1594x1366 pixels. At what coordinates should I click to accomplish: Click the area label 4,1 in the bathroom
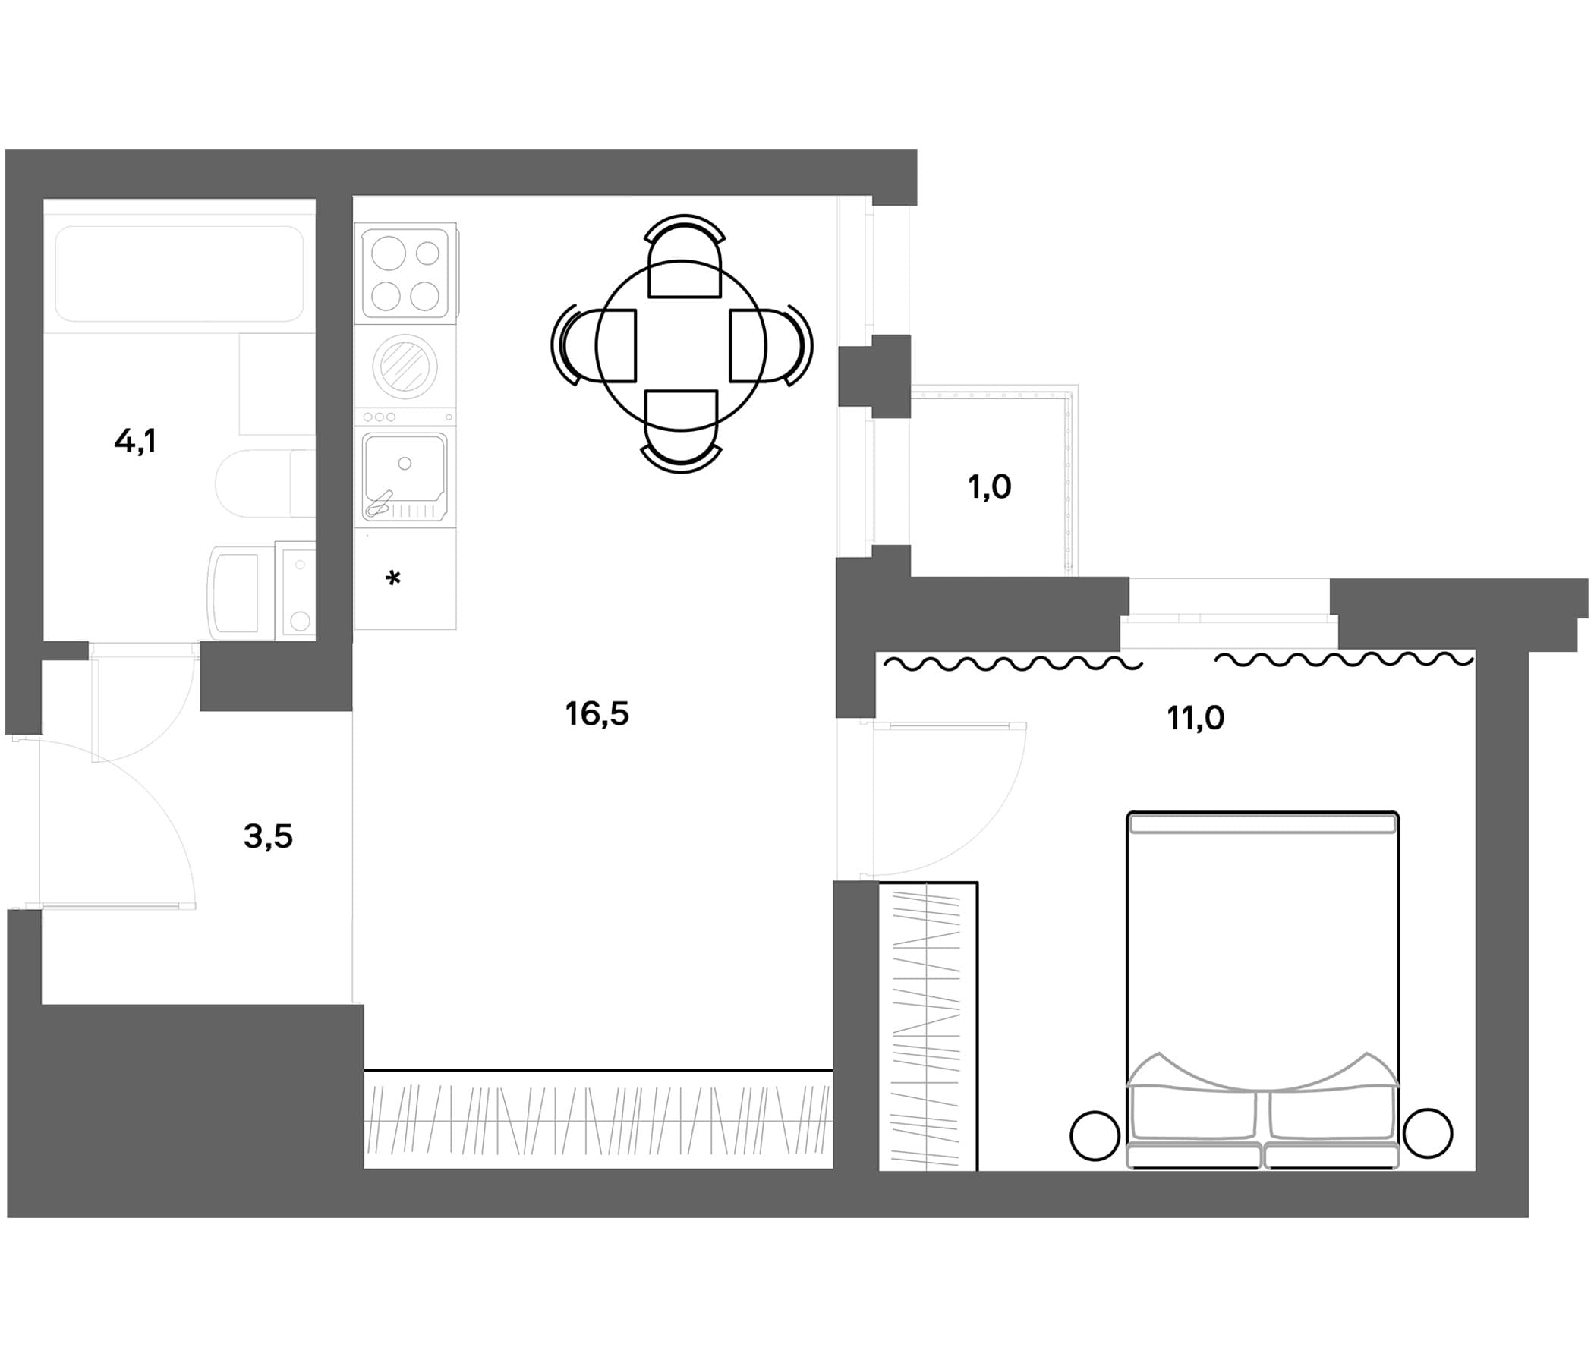[135, 442]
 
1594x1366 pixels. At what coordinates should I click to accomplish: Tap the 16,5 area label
[597, 715]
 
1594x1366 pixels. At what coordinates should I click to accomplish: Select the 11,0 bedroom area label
[1195, 719]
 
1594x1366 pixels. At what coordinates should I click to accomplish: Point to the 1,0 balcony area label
[989, 487]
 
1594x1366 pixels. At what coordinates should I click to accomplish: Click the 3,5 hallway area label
[269, 836]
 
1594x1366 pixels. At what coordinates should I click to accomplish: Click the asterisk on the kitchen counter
[393, 578]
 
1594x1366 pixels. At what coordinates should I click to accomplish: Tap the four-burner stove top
[405, 273]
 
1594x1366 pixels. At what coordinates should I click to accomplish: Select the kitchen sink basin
[405, 476]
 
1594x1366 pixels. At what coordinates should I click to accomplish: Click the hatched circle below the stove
[405, 365]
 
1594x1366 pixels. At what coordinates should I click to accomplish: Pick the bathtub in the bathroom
[179, 273]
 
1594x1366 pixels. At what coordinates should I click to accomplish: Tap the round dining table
[681, 347]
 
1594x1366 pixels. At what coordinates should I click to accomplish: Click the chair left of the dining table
[594, 345]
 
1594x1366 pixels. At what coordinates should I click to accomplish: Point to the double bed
[1262, 990]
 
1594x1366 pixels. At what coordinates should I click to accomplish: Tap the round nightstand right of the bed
[1428, 1133]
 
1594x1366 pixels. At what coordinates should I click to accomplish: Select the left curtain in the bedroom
[1013, 663]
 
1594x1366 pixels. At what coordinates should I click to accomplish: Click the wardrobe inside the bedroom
[928, 1027]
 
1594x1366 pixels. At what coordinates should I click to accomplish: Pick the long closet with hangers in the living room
[599, 1120]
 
